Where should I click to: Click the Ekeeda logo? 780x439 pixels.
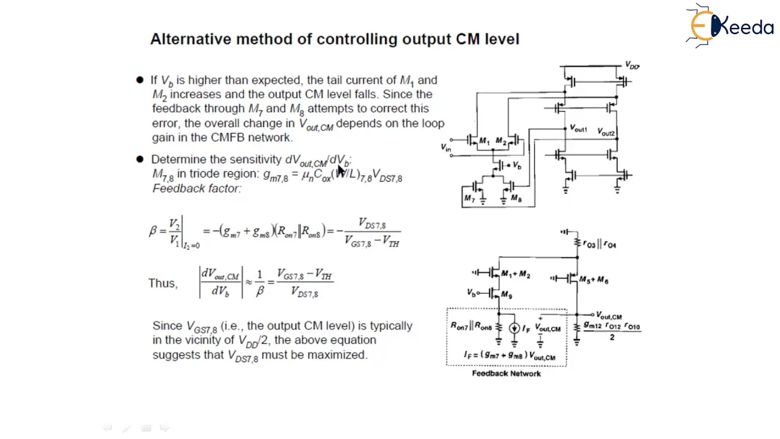(729, 26)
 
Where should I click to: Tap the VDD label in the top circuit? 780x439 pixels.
(632, 65)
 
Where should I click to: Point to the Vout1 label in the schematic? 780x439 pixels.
(578, 129)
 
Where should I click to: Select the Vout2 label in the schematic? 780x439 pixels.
(606, 132)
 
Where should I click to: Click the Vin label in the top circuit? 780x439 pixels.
(446, 147)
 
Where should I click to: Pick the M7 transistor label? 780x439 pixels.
(469, 199)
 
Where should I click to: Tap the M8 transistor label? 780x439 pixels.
(516, 199)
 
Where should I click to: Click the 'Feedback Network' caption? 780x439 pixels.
(506, 373)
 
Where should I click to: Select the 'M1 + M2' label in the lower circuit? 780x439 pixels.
(516, 275)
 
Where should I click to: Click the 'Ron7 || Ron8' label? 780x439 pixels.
(471, 326)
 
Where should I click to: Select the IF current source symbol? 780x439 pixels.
(514, 329)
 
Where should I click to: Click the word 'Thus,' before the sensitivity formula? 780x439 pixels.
(163, 284)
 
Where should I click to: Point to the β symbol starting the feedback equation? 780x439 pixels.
(153, 231)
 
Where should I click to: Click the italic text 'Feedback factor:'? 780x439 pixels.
(197, 188)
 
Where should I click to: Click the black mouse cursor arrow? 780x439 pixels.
(341, 170)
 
